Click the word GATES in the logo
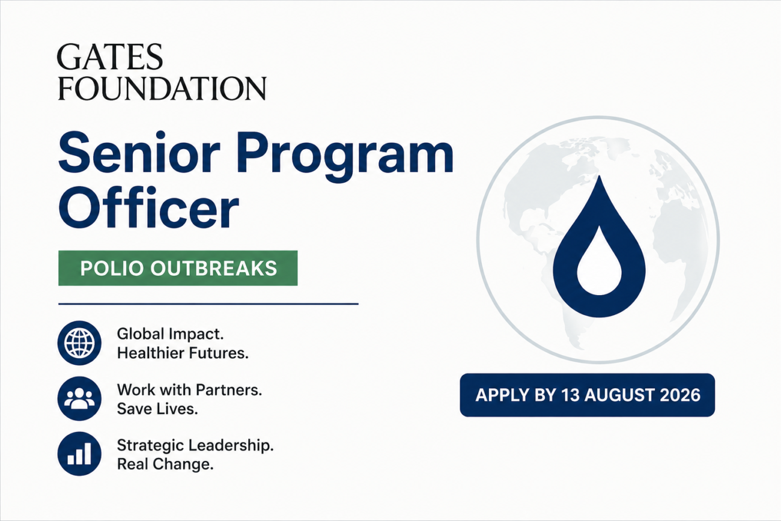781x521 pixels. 110,56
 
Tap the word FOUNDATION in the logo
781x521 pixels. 162,88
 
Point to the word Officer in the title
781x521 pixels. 149,207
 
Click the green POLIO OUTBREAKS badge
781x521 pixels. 178,268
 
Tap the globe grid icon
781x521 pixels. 79,343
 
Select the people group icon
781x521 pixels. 79,398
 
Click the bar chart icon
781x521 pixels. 79,454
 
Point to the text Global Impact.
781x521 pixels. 170,335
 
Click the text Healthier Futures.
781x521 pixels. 183,353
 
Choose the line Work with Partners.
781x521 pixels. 189,390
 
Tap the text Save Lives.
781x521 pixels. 157,409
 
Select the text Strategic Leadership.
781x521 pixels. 195,446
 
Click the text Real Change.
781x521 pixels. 165,465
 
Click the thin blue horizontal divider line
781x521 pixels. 208,304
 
